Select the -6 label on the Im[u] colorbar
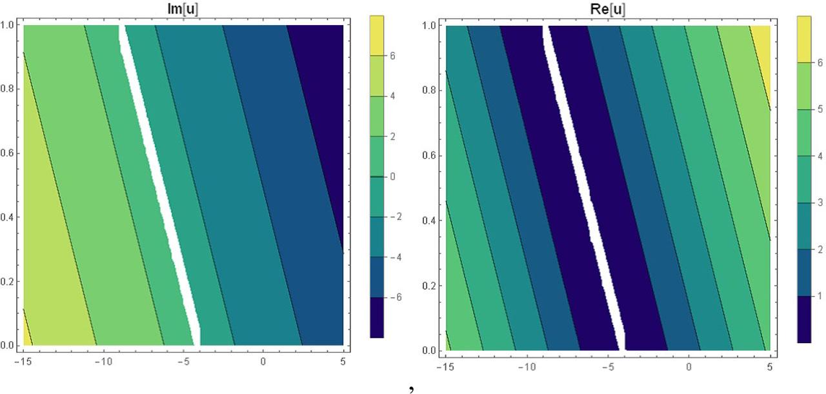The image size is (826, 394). [394, 297]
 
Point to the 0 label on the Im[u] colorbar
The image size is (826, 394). [392, 177]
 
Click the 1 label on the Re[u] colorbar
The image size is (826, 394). [819, 296]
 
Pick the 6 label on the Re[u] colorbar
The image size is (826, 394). [819, 64]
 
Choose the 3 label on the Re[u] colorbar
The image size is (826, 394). [819, 203]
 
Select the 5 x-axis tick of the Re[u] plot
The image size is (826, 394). [769, 367]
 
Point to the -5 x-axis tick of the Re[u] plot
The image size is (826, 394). [607, 367]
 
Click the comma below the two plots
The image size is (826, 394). [410, 389]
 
